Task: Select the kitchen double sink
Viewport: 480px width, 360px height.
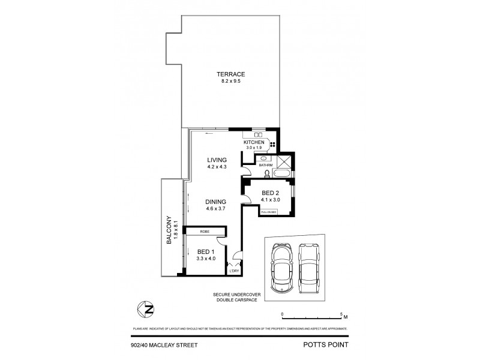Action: pyautogui.click(x=259, y=135)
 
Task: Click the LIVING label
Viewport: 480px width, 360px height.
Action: pyautogui.click(x=217, y=160)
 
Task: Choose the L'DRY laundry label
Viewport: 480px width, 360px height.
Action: pyautogui.click(x=234, y=271)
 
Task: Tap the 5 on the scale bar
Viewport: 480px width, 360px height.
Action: pyautogui.click(x=340, y=314)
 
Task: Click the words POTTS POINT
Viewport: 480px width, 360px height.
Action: pyautogui.click(x=329, y=345)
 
